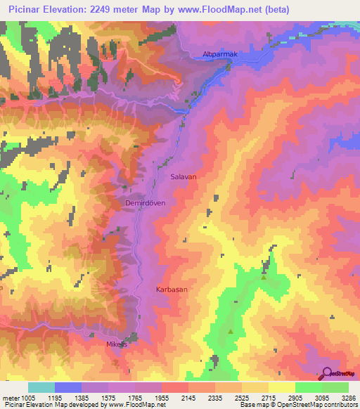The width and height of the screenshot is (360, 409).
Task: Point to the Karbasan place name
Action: [x=172, y=289]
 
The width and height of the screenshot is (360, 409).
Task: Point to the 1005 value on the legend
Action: [x=28, y=398]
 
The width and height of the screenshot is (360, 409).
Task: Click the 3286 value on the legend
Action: [x=349, y=398]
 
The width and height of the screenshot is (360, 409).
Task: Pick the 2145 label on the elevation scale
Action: [x=188, y=398]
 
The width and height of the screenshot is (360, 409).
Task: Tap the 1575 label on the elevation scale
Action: [x=108, y=398]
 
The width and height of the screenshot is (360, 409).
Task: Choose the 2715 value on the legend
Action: [x=269, y=398]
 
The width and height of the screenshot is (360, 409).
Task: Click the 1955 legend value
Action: [x=162, y=398]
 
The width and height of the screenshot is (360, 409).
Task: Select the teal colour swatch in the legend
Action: [x=41, y=387]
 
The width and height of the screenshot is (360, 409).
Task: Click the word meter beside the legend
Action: [x=11, y=398]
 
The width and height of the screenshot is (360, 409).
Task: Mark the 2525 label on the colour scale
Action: [x=242, y=398]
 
